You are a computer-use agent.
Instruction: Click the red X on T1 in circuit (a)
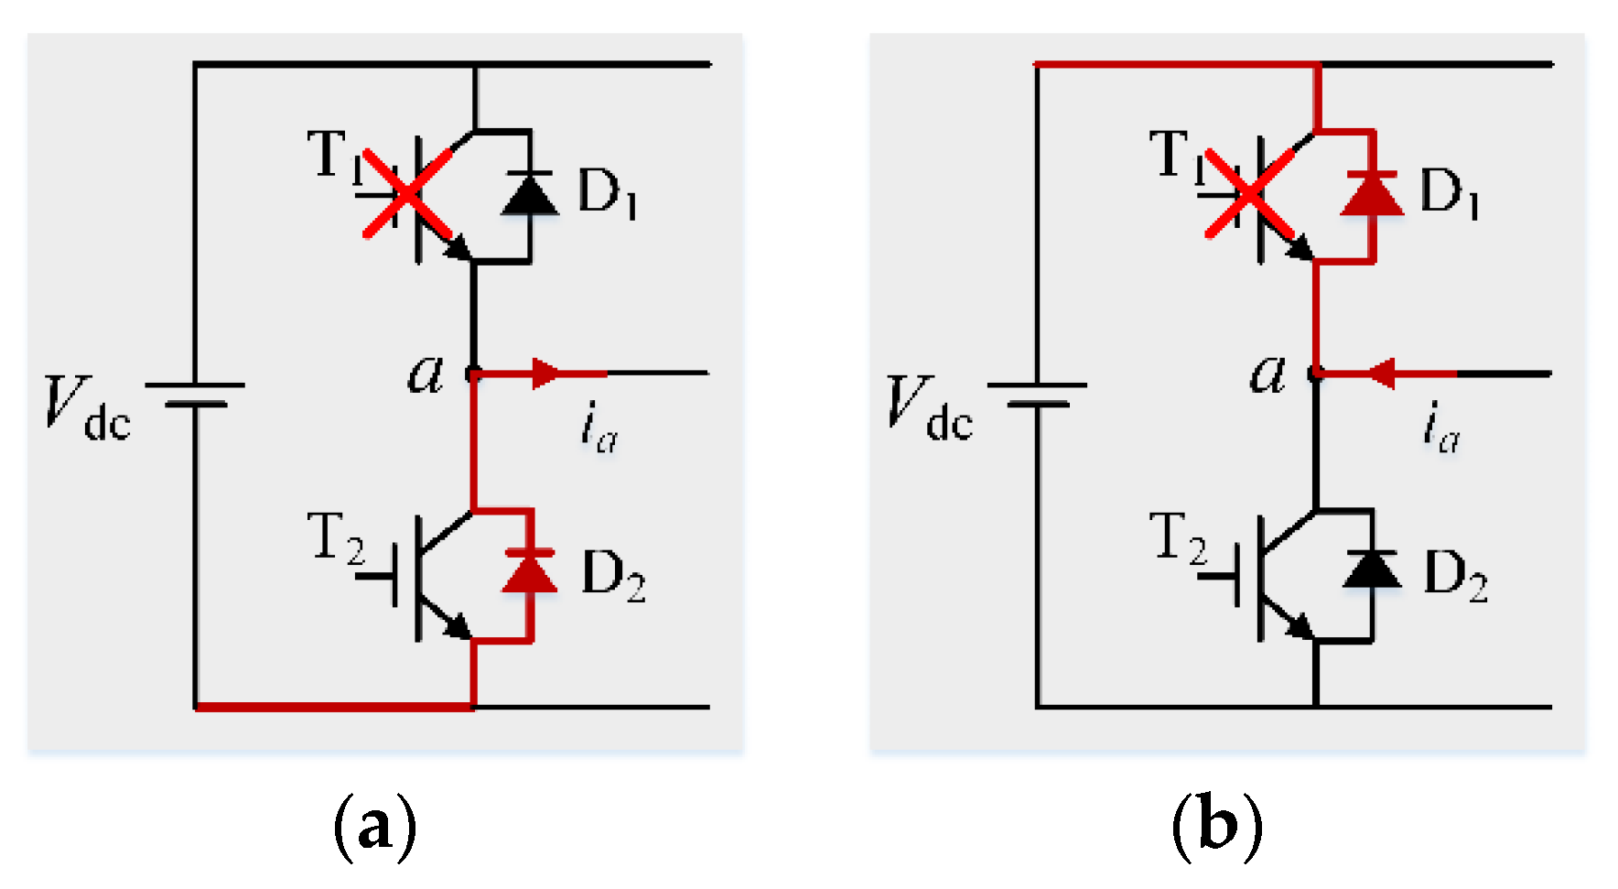pos(408,194)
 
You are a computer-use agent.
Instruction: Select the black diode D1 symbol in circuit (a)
pos(530,195)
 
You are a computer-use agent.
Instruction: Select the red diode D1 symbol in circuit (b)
pos(1372,195)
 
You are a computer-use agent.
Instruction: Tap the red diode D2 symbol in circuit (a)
pos(530,573)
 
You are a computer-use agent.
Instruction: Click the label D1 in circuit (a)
pos(607,194)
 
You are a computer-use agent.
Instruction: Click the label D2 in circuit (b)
pos(1455,577)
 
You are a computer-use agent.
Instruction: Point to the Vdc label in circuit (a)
pos(87,407)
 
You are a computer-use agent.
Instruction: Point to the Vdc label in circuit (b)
pos(929,407)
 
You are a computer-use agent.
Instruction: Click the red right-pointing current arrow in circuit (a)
pos(545,374)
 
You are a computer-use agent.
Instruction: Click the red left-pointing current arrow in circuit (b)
pos(1382,374)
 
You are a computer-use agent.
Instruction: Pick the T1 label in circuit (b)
pos(1173,156)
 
